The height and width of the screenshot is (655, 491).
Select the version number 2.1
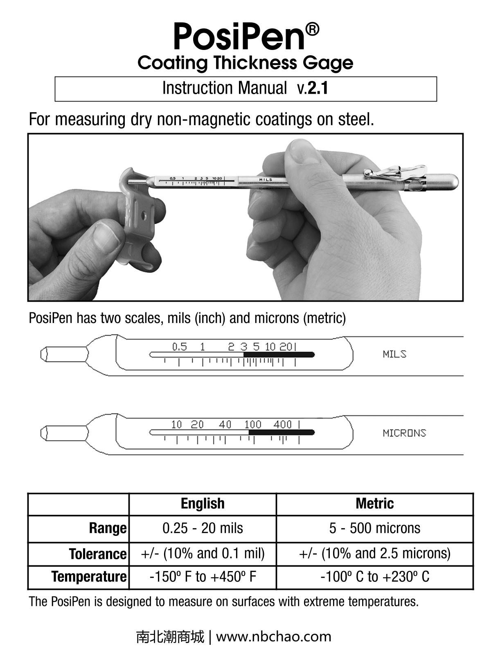click(x=318, y=88)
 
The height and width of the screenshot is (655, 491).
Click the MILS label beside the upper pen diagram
click(x=394, y=354)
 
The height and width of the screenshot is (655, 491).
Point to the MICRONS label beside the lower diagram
click(x=404, y=433)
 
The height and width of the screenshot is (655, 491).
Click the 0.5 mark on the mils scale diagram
click(x=179, y=347)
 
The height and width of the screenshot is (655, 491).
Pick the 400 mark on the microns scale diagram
click(x=282, y=425)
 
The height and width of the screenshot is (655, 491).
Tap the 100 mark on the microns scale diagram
click(x=253, y=425)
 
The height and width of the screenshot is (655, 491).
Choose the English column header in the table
click(x=203, y=504)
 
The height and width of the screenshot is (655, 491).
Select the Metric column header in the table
click(x=374, y=504)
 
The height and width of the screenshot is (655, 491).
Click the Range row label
click(x=108, y=528)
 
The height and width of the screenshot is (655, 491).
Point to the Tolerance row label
click(x=98, y=554)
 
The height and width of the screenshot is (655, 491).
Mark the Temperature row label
click(x=89, y=577)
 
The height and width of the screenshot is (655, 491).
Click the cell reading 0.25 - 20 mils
click(x=203, y=528)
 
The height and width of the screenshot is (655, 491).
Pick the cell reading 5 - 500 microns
click(x=374, y=528)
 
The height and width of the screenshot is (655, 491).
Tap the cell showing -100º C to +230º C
click(x=374, y=577)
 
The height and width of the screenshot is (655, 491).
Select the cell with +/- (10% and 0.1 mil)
click(x=203, y=553)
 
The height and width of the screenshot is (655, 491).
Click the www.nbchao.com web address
click(x=273, y=637)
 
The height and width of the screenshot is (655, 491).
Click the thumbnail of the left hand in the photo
click(x=105, y=237)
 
